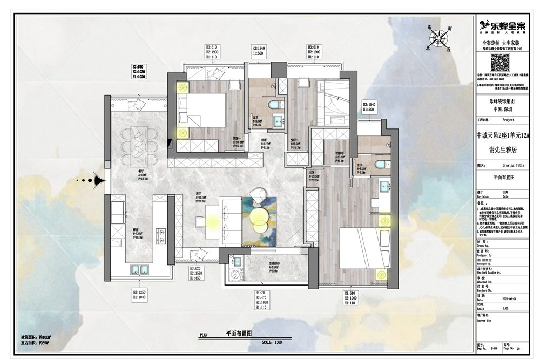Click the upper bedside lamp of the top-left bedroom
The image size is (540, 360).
(182, 87)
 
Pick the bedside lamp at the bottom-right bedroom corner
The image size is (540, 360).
(384, 271)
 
